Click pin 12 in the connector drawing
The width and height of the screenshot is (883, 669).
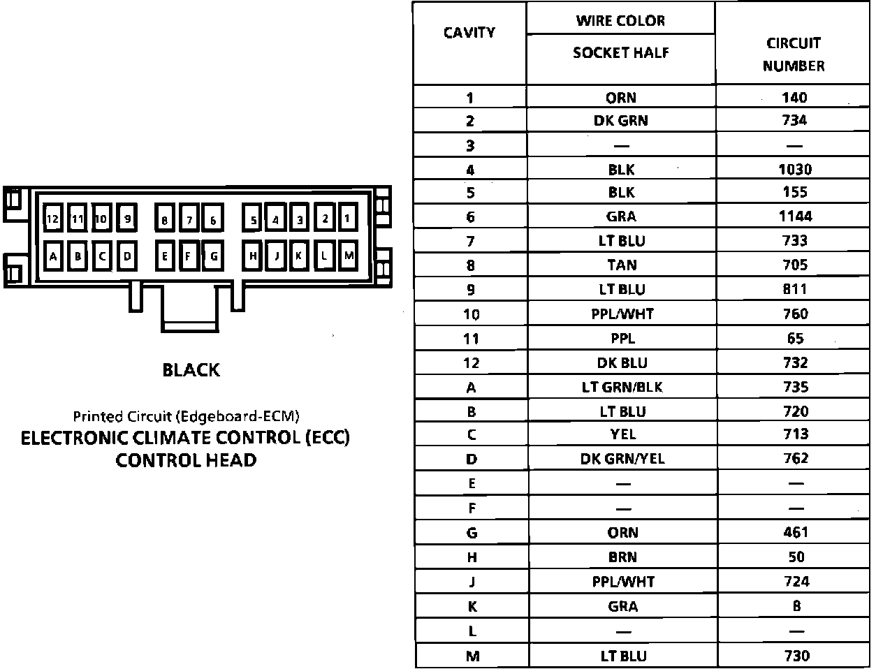pyautogui.click(x=52, y=219)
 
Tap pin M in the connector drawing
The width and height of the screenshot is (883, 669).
pyautogui.click(x=349, y=256)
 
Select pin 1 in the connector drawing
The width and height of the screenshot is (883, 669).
pyautogui.click(x=347, y=219)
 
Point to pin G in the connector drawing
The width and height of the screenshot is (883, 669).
pyautogui.click(x=214, y=256)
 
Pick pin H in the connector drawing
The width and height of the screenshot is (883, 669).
pyautogui.click(x=253, y=256)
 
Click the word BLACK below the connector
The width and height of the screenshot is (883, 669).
pyautogui.click(x=191, y=369)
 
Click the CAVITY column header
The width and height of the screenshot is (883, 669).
pyautogui.click(x=469, y=32)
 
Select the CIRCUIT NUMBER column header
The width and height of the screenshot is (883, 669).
pyautogui.click(x=794, y=54)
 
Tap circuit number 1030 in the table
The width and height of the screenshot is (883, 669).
pyautogui.click(x=795, y=169)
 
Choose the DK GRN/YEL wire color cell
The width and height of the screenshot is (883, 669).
pyautogui.click(x=622, y=459)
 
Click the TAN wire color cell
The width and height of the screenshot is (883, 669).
pyautogui.click(x=622, y=265)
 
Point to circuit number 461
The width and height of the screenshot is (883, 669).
pyautogui.click(x=795, y=532)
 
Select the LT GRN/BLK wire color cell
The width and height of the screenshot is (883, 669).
pyautogui.click(x=622, y=387)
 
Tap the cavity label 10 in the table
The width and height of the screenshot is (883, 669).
pyautogui.click(x=471, y=314)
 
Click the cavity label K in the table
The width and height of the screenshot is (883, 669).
pyautogui.click(x=472, y=606)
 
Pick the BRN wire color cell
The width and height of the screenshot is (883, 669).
pyautogui.click(x=622, y=557)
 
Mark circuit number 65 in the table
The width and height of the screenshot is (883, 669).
pyautogui.click(x=795, y=339)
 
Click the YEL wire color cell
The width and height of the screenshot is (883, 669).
pyautogui.click(x=622, y=434)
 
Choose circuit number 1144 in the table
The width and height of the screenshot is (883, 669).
pyautogui.click(x=795, y=216)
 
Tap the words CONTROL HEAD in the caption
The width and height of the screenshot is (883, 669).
pyautogui.click(x=186, y=460)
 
